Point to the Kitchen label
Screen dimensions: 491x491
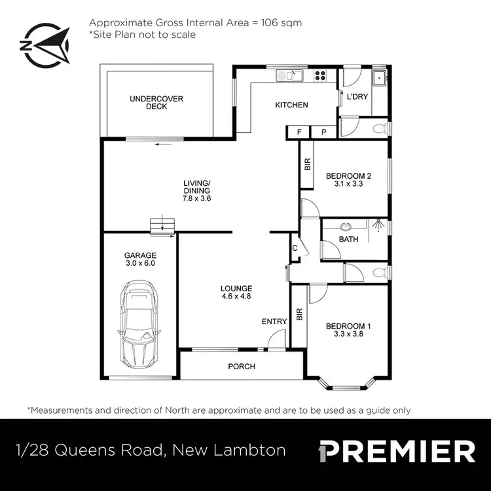coord(291,105)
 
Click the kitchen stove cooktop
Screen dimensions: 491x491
coord(320,75)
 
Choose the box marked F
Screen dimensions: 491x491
coord(299,132)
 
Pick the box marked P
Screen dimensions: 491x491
coord(323,132)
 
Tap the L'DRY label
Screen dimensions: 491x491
coord(357,97)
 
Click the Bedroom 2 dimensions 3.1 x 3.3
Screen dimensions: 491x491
coord(349,184)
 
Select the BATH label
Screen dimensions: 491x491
coord(348,239)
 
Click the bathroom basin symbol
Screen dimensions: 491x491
coord(344,227)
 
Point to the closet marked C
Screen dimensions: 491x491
coord(295,248)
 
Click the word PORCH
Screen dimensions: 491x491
coord(242,367)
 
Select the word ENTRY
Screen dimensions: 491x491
coord(274,321)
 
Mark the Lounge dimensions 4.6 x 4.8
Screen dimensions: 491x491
coord(236,297)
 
